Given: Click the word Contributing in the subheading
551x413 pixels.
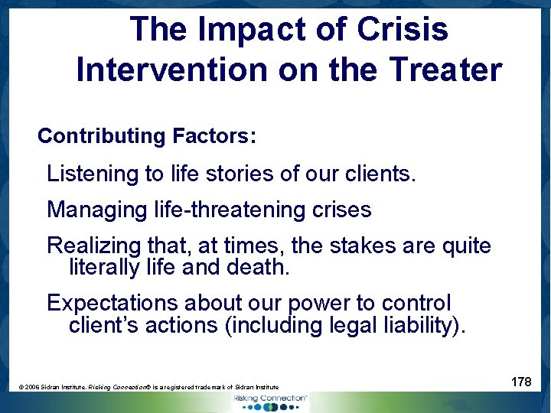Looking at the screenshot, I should point(102,136).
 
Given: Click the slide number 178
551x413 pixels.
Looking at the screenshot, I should point(520,382).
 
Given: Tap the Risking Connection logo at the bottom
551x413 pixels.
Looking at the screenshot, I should point(270,401).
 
